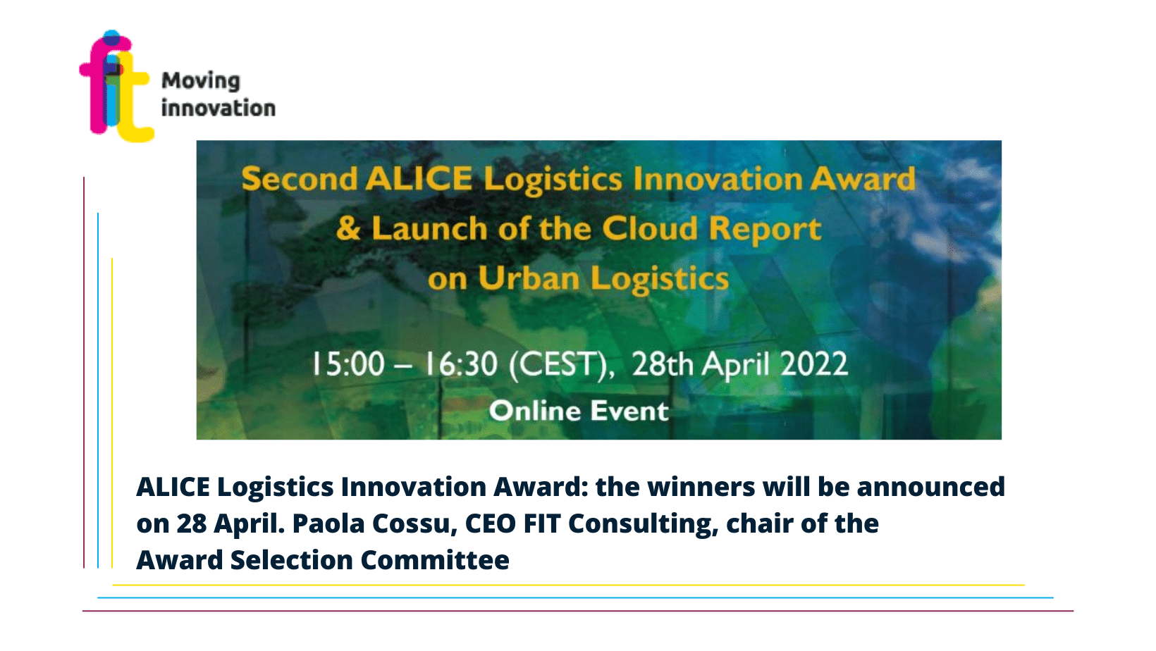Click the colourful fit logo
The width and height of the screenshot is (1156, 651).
tap(116, 86)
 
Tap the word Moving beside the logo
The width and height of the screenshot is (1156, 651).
tap(201, 82)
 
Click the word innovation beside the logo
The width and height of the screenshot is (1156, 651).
tap(219, 108)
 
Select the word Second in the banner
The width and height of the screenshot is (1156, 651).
tap(300, 180)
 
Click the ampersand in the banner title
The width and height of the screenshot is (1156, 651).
tap(348, 228)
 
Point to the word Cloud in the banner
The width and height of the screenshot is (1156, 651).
tap(650, 228)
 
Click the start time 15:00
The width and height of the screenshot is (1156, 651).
tap(348, 364)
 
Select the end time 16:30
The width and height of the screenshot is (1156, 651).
tap(461, 364)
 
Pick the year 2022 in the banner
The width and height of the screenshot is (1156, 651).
tap(814, 364)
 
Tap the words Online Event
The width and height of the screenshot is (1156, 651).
tap(579, 411)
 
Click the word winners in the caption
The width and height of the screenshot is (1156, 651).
tap(701, 487)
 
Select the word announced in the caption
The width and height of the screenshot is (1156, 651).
tap(931, 487)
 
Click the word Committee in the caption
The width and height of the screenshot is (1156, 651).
tap(435, 560)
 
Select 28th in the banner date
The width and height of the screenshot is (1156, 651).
tap(663, 364)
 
